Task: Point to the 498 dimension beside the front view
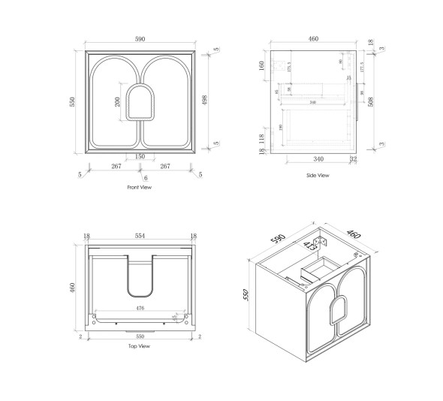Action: pos(205,101)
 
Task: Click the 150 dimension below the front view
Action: pos(140,157)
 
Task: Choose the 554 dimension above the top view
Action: pos(140,236)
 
